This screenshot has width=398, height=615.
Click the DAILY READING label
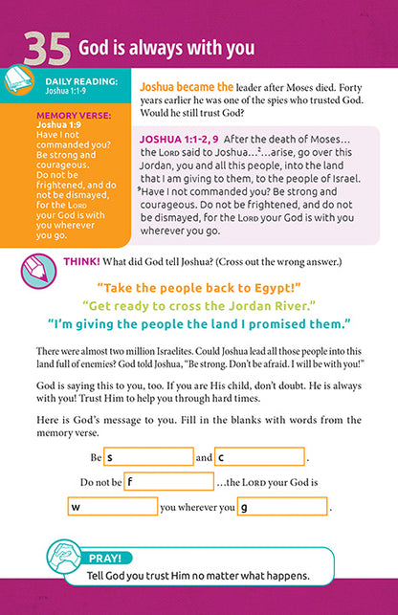point(82,84)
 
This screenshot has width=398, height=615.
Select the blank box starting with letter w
point(112,507)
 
